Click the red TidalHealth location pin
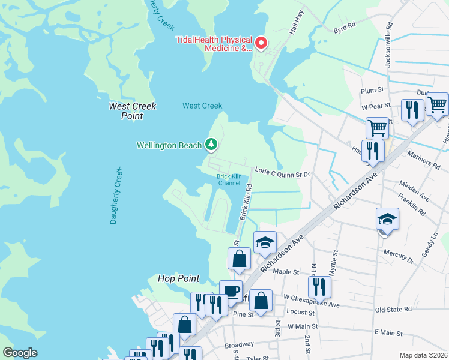click(261, 43)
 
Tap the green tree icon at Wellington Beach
click(211, 144)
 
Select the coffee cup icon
click(231, 291)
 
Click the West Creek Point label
click(132, 111)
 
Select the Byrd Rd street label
click(345, 26)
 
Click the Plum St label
click(372, 91)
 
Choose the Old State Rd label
click(393, 310)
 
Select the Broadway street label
click(239, 346)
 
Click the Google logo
click(19, 353)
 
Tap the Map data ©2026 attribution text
click(423, 355)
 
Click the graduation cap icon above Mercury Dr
click(387, 219)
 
